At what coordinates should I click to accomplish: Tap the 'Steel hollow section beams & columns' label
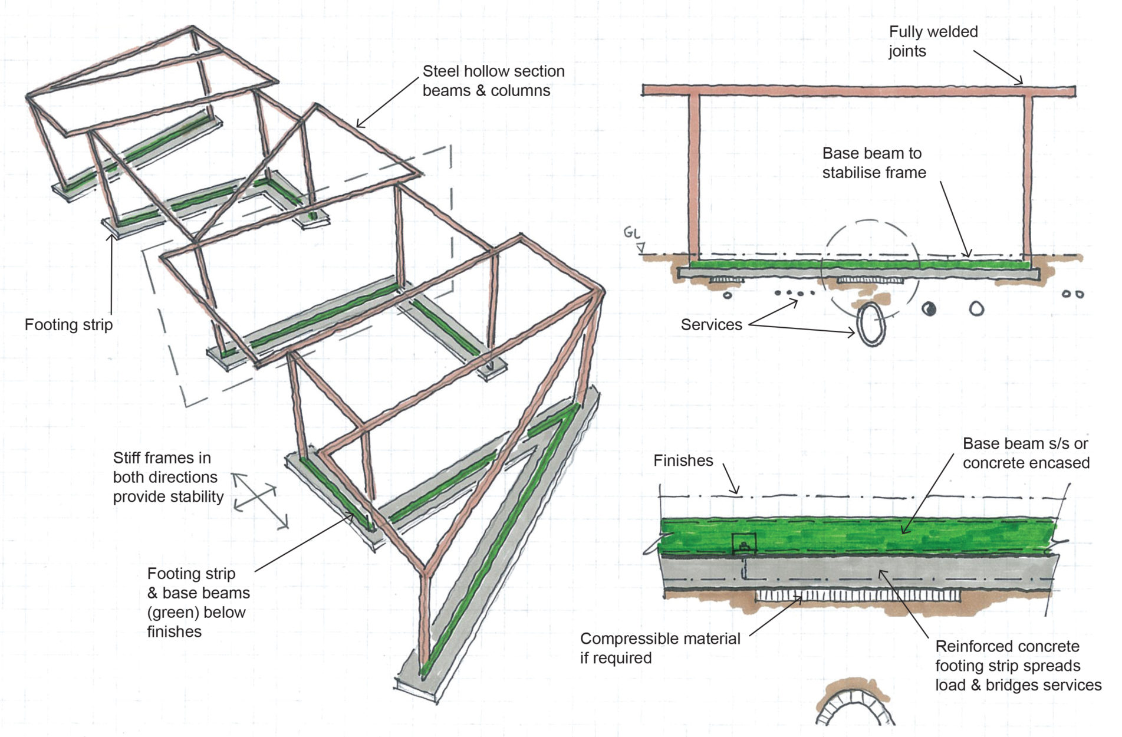493,81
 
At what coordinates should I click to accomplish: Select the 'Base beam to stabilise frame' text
873,163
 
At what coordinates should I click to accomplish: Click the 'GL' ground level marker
631,233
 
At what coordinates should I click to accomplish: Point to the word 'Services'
710,325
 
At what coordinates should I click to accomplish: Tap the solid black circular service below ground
929,308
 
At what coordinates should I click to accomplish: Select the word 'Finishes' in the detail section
683,461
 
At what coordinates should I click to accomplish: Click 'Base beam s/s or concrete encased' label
1025,453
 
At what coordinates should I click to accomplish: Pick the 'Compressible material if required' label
659,648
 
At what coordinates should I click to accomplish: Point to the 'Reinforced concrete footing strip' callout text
1018,666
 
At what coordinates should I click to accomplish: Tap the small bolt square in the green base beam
744,544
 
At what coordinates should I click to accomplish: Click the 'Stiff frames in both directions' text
167,477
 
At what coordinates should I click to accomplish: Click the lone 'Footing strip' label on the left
68,325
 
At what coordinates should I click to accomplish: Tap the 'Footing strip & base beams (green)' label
198,602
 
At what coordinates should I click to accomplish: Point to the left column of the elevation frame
694,177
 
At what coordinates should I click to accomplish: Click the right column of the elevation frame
1028,177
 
